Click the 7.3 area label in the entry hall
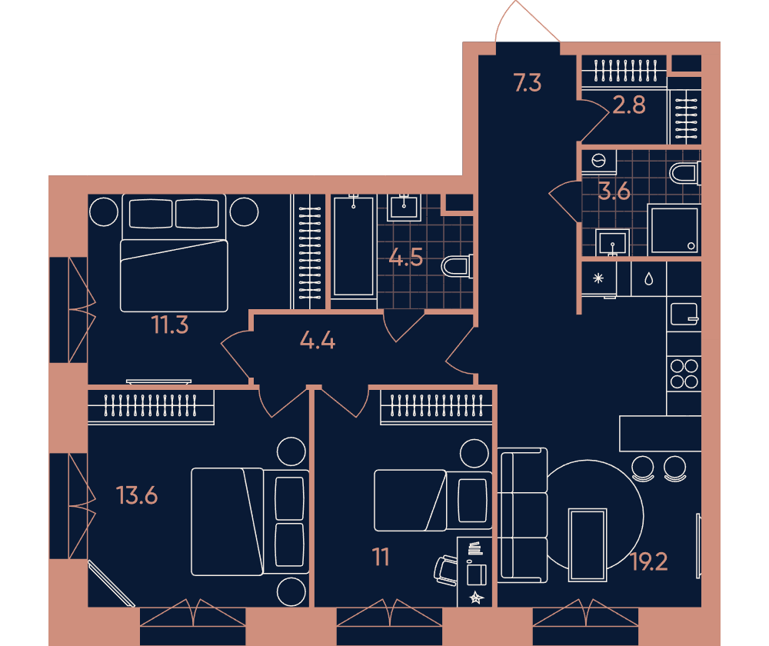pos(528,82)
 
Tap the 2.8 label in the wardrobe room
pos(629,105)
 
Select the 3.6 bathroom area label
pos(614,191)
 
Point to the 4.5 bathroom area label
pos(405,257)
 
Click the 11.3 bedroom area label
pos(170,325)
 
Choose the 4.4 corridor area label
pos(318,340)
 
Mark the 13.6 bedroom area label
pos(137,495)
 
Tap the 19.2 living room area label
pos(649,562)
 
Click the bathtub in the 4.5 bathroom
pos(354,246)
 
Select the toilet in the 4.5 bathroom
pos(457,267)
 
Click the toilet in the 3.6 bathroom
pos(685,174)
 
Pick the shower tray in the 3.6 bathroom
pos(674,230)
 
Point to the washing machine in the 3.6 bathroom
pos(599,161)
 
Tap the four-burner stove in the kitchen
pos(684,374)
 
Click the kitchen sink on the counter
pos(684,314)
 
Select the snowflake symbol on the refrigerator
pos(598,278)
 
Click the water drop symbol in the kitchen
pos(649,279)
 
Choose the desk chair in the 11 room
pos(446,571)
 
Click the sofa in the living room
pos(523,515)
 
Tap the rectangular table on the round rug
pos(588,545)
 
